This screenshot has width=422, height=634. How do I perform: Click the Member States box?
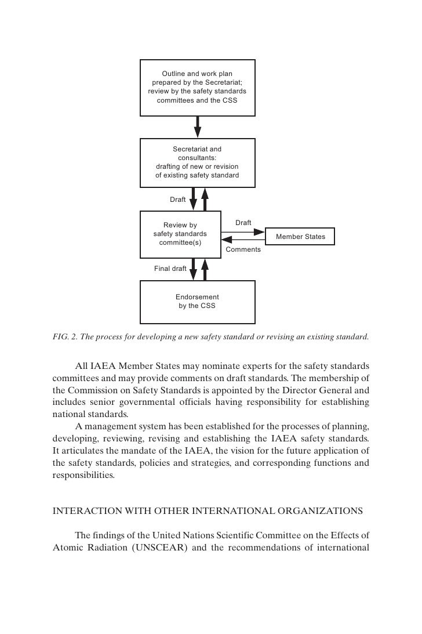300,237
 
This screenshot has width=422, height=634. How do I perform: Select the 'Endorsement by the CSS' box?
197,301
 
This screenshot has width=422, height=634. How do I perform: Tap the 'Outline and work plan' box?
197,88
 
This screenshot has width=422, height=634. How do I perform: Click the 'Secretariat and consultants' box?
197,162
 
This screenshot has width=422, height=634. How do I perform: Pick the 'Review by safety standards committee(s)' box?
180,234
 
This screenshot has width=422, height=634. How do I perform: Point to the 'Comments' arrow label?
243,249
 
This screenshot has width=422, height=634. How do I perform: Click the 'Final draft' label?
170,269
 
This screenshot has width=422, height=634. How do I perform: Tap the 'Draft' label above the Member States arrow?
243,223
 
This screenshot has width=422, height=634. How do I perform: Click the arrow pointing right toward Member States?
243,232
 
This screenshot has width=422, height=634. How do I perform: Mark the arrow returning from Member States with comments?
243,240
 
